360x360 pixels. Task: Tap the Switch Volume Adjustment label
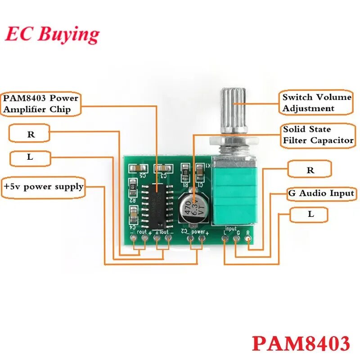point(316,103)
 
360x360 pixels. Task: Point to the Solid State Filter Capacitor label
point(318,135)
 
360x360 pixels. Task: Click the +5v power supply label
point(44,186)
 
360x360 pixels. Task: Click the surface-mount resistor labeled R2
point(133,185)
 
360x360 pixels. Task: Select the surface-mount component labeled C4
point(133,211)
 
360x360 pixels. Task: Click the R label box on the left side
point(30,134)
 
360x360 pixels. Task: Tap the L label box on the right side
point(311,215)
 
